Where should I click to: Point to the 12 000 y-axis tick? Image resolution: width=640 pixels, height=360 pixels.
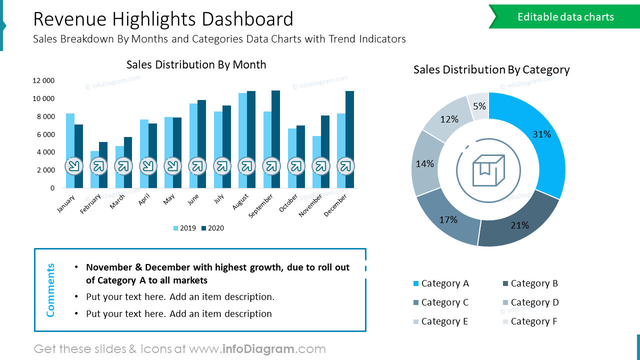[44, 80]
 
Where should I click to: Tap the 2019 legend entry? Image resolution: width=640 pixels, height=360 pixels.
[184, 228]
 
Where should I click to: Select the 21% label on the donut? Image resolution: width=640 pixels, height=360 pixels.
[519, 225]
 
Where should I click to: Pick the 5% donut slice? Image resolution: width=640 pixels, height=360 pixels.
[479, 105]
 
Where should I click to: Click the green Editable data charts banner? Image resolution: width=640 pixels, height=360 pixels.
[565, 17]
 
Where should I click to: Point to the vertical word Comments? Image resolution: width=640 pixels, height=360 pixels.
[50, 290]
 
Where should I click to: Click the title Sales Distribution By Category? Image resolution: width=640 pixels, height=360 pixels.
[491, 69]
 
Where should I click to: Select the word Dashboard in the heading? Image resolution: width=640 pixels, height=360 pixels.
[247, 19]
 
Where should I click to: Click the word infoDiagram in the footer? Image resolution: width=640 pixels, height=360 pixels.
[257, 349]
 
